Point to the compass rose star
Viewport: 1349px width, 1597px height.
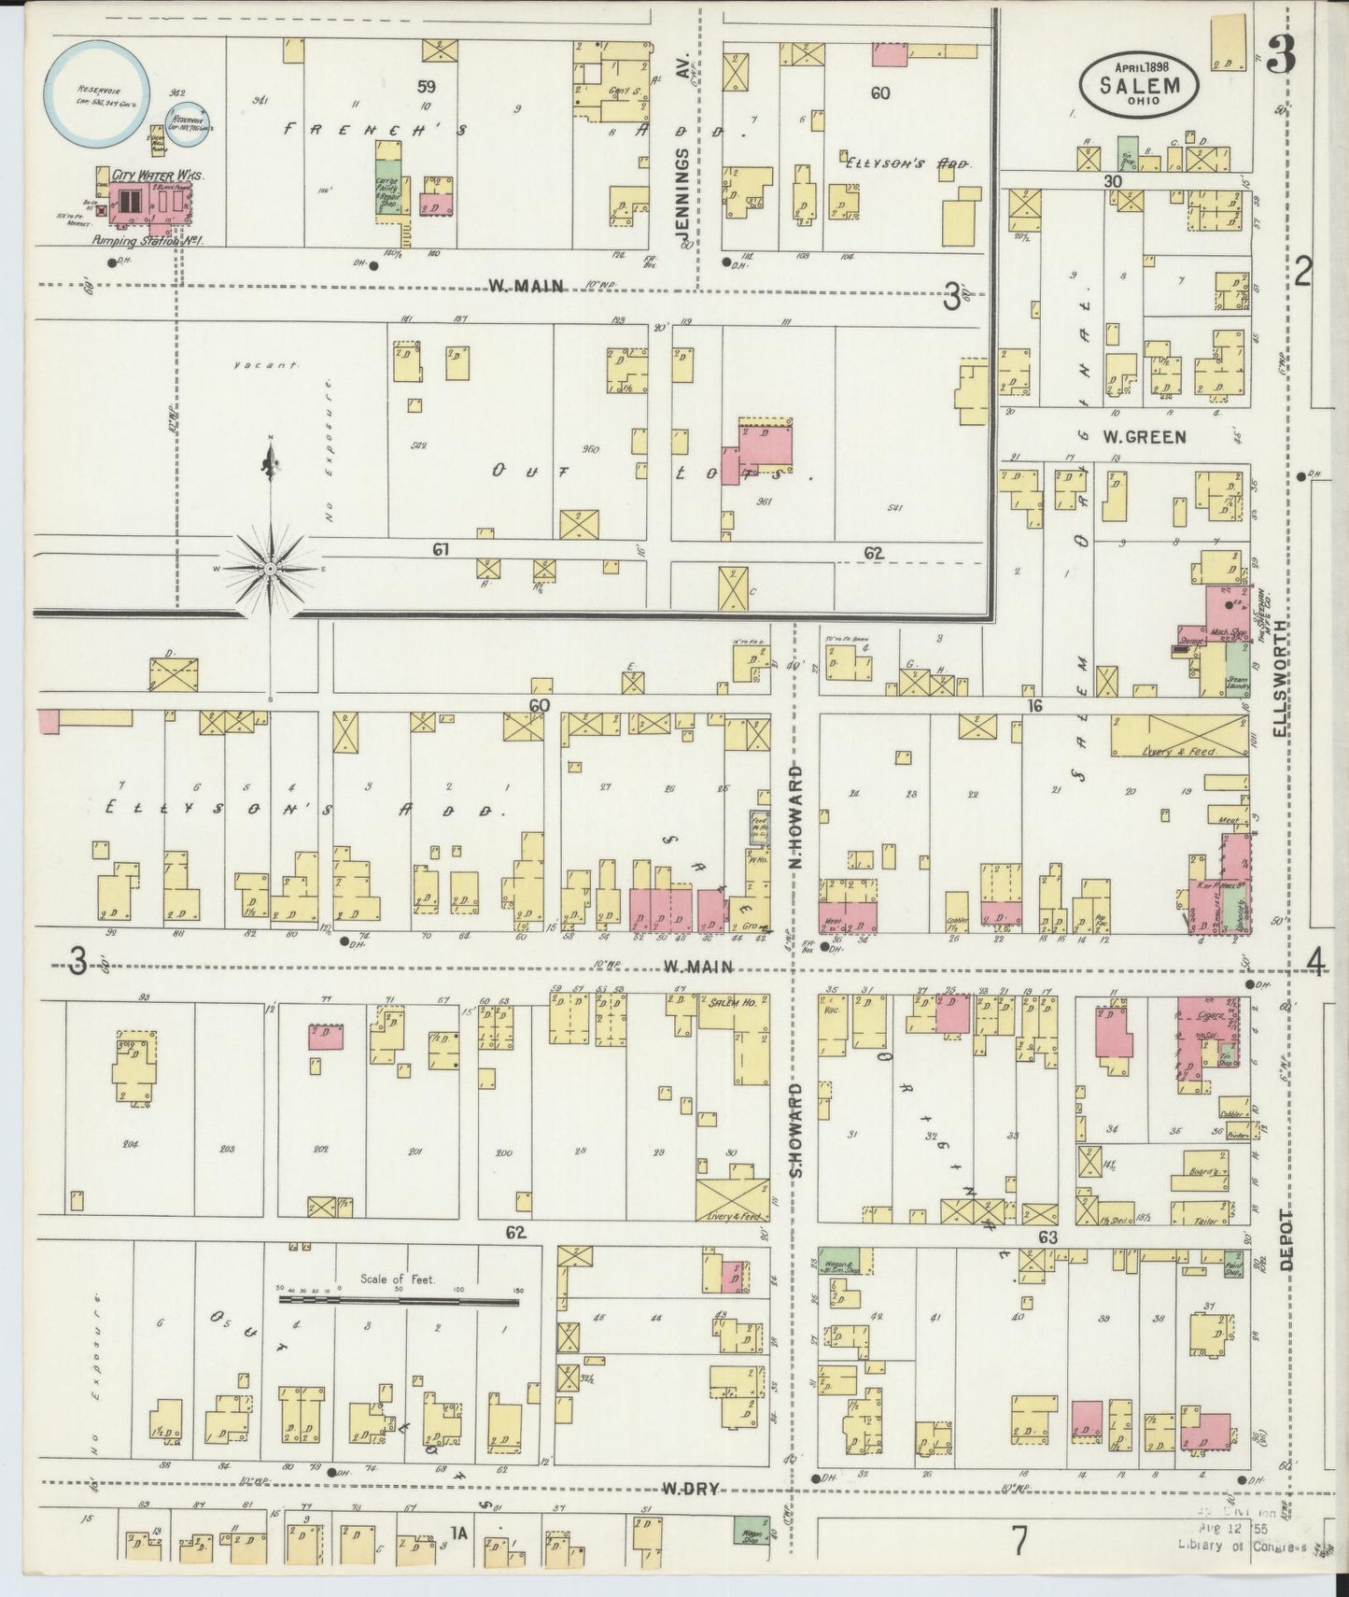click(270, 568)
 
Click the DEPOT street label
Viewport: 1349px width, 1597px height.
click(1287, 1239)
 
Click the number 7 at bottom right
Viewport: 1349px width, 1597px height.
click(1019, 1541)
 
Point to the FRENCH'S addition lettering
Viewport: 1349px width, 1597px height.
click(373, 131)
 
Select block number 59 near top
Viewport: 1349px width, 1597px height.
click(427, 87)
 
